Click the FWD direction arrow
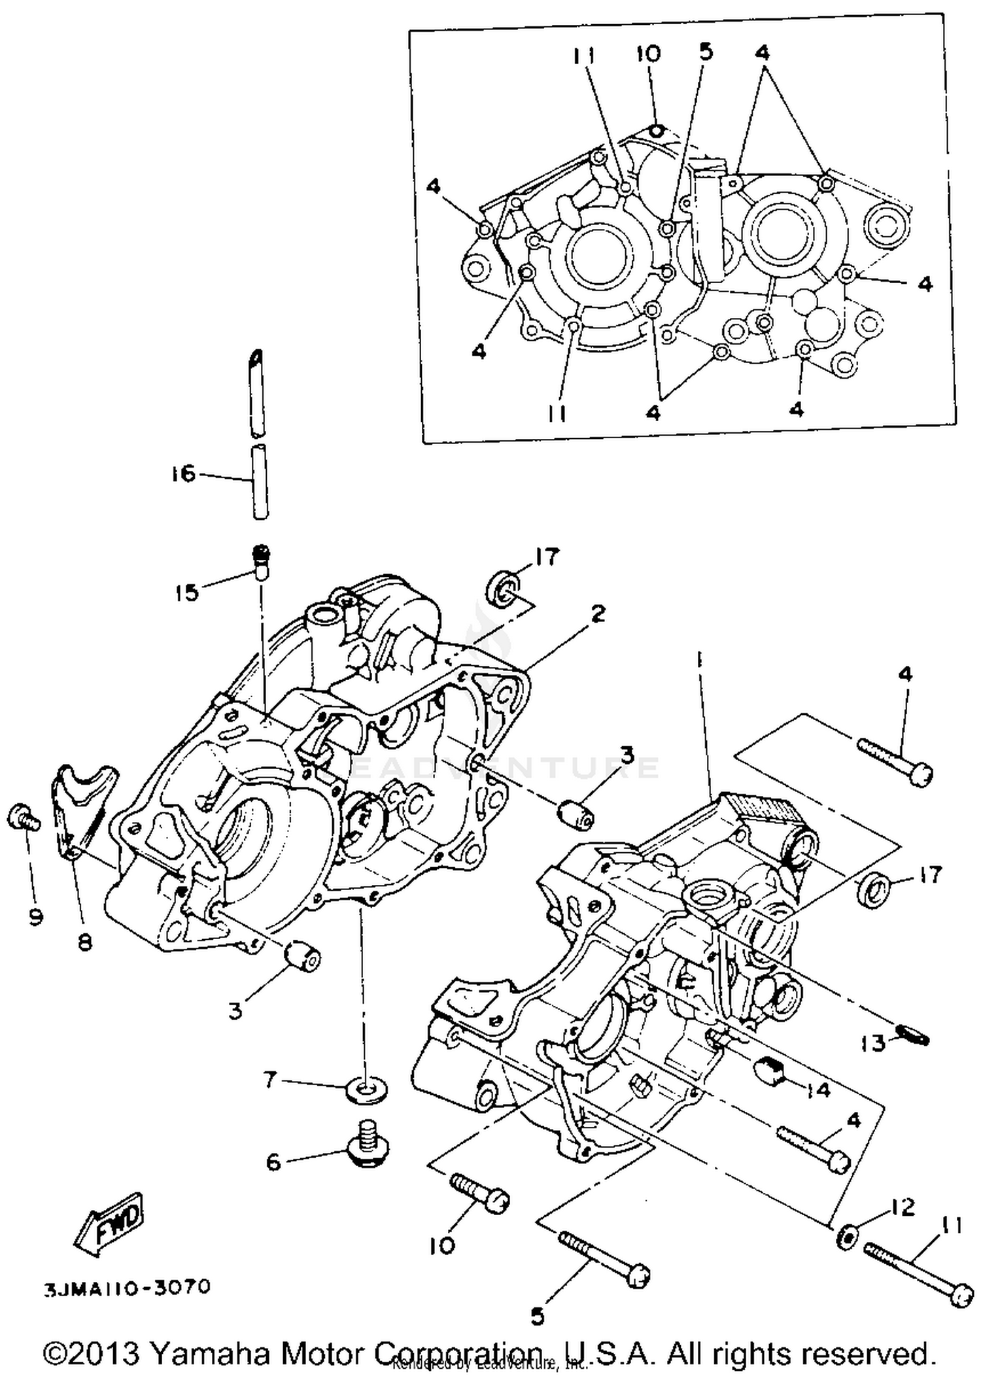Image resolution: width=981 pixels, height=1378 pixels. pos(111,1223)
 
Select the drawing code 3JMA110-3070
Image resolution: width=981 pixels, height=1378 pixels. pos(128,1288)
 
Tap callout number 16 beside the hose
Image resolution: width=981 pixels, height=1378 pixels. pos(184,474)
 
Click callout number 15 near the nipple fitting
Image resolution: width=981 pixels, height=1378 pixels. pos(186,593)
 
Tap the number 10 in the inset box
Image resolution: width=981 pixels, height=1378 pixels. pos(647,54)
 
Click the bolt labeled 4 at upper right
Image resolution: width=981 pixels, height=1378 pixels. pos(895,762)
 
